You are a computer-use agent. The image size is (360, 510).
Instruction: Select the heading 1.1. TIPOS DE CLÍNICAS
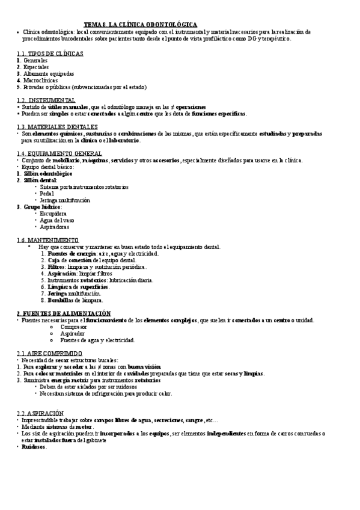click(x=50, y=54)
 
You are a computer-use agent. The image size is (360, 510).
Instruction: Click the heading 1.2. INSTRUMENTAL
click(x=46, y=100)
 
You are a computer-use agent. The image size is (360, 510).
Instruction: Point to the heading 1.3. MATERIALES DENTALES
click(x=57, y=127)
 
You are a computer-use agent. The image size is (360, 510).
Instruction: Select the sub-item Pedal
click(x=47, y=194)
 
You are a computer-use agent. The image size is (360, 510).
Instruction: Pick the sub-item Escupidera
click(x=53, y=214)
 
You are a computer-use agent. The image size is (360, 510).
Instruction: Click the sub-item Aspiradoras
click(x=55, y=227)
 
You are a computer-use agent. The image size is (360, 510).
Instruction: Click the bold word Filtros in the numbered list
click(x=57, y=266)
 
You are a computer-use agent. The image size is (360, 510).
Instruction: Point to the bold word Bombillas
click(x=63, y=300)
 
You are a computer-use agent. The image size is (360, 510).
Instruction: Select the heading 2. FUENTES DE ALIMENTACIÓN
click(x=64, y=313)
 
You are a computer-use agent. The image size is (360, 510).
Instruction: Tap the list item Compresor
click(x=73, y=327)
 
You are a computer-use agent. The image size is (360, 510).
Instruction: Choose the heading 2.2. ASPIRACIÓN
click(x=41, y=413)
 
